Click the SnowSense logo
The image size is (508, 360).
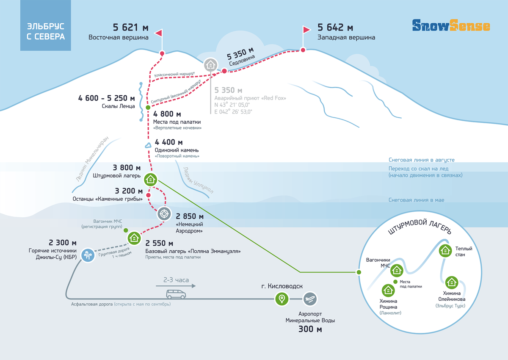pyautogui.click(x=451, y=25)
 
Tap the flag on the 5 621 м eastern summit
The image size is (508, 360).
pyautogui.click(x=159, y=33)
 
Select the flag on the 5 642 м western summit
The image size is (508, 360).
pyautogui.click(x=306, y=30)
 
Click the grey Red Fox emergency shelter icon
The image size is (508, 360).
pyautogui.click(x=211, y=65)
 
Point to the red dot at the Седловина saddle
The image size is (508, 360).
pyautogui.click(x=224, y=71)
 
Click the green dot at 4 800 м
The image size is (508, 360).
pyautogui.click(x=148, y=107)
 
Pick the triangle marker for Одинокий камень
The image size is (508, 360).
pyautogui.click(x=148, y=145)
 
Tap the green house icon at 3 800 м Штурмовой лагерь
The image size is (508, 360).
pyautogui.click(x=150, y=180)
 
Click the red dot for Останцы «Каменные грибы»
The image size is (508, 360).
pyautogui.click(x=148, y=195)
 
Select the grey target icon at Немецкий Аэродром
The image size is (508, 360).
pyautogui.click(x=164, y=214)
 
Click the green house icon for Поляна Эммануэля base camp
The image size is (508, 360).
pyautogui.click(x=134, y=238)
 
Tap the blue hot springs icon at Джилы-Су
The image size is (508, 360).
pyautogui.click(x=88, y=255)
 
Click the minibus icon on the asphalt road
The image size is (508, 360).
pyautogui.click(x=176, y=294)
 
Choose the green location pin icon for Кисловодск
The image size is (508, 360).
pyautogui.click(x=282, y=299)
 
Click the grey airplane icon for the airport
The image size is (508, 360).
pyautogui.click(x=310, y=299)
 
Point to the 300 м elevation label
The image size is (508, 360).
pyautogui.click(x=310, y=329)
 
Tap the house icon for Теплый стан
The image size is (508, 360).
pyautogui.click(x=445, y=251)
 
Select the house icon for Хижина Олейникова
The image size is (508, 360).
pyautogui.click(x=452, y=282)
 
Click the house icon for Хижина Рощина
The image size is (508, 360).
pyautogui.click(x=388, y=291)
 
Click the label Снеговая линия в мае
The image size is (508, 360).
pyautogui.click(x=416, y=200)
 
